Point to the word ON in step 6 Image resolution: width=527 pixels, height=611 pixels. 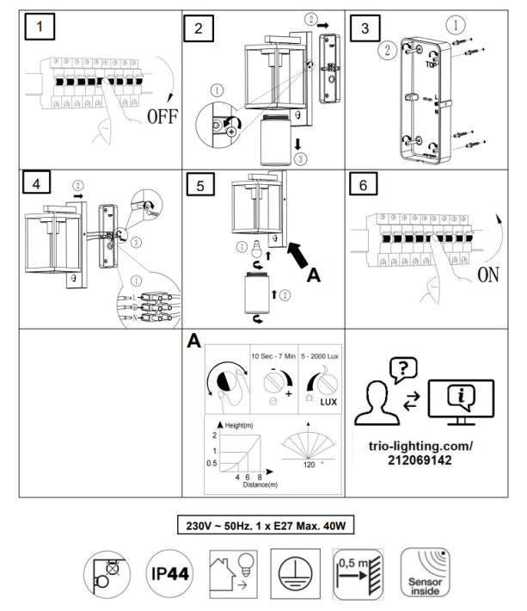point(487,277)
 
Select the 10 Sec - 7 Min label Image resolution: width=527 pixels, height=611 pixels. point(273,354)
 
